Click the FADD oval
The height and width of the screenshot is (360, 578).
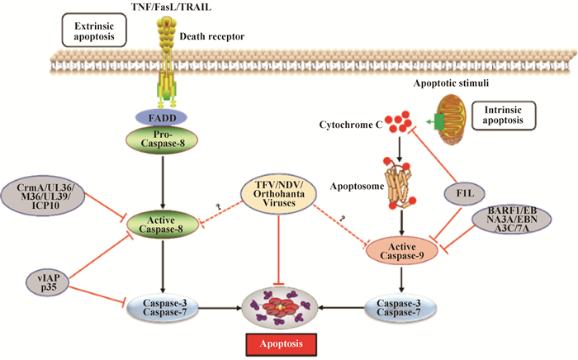point(163,120)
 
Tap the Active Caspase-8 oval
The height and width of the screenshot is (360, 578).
point(163,222)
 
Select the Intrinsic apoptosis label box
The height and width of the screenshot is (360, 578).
point(500,116)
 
